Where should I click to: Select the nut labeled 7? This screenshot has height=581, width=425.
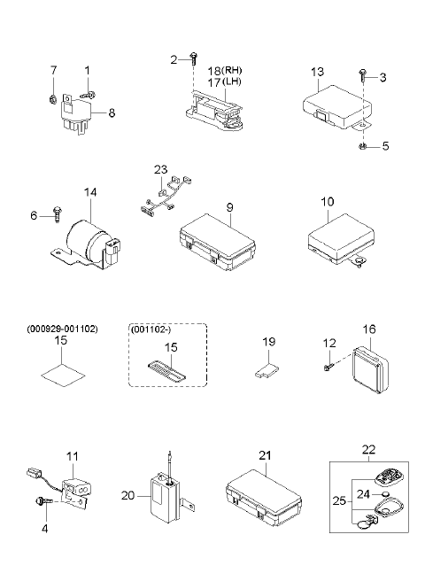tap(52, 99)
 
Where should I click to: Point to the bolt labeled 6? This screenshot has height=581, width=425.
tap(58, 213)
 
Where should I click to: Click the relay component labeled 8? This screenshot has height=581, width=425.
tap(76, 113)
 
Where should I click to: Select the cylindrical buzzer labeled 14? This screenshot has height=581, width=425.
tap(86, 243)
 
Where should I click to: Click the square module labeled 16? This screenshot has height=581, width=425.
tap(370, 369)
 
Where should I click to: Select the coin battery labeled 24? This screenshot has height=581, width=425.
tap(385, 494)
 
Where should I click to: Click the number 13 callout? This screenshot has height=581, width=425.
tap(317, 73)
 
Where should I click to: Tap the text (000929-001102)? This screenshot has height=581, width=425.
tap(62, 329)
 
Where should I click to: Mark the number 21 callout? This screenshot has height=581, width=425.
tap(265, 455)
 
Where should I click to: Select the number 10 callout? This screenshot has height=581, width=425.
tap(328, 202)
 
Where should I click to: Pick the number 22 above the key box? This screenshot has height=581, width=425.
tap(368, 449)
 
